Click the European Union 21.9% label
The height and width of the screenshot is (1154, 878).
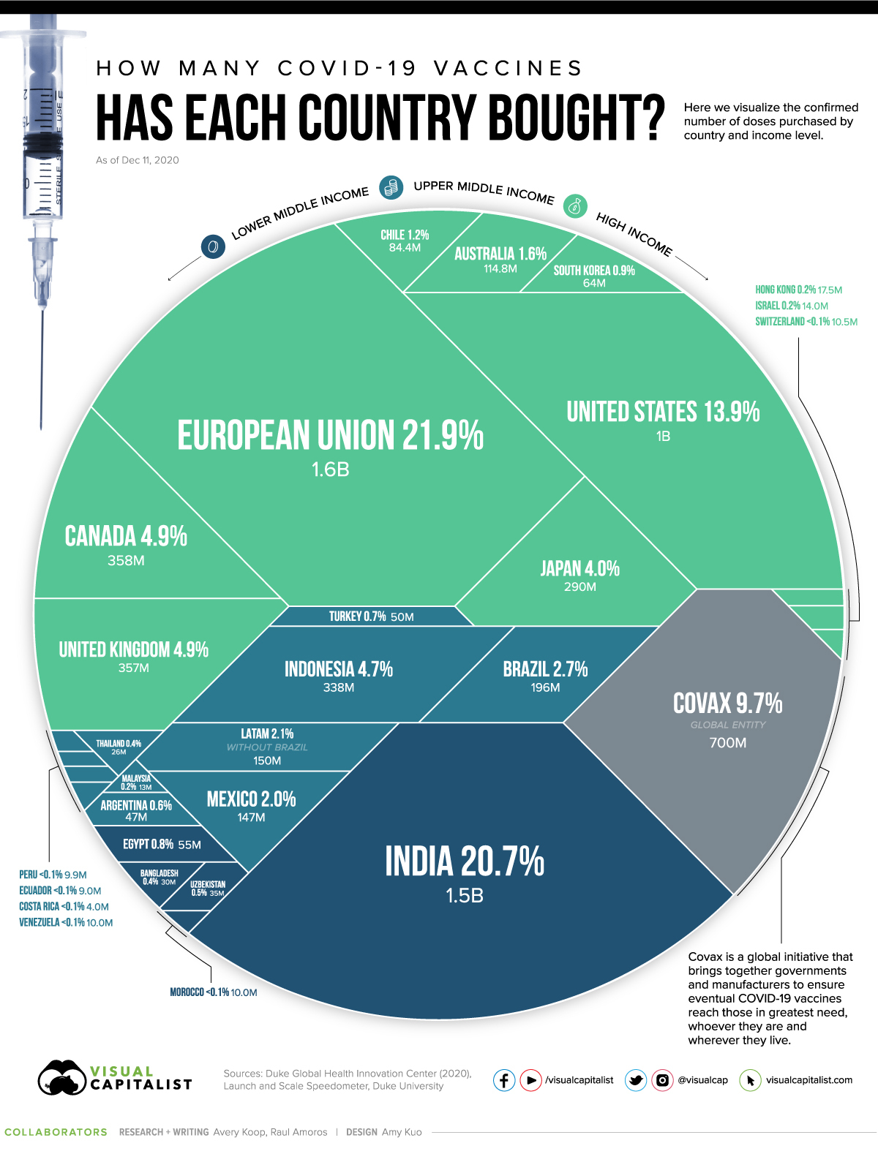click(x=330, y=436)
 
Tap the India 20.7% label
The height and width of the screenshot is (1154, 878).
click(x=465, y=861)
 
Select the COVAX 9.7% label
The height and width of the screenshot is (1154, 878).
click(x=727, y=704)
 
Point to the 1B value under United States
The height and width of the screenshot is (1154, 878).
click(x=663, y=437)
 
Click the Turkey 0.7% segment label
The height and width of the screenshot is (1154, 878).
click(x=357, y=616)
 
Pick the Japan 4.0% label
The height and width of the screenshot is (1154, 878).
click(x=579, y=569)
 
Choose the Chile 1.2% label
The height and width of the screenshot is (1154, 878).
click(x=405, y=235)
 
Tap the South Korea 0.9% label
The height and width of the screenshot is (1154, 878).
click(x=594, y=271)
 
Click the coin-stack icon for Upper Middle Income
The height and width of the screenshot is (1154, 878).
click(x=391, y=187)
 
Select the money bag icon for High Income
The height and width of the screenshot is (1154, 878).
click(x=576, y=206)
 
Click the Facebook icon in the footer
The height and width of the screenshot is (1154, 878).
click(x=504, y=1080)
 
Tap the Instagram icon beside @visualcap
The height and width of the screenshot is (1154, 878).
click(x=662, y=1080)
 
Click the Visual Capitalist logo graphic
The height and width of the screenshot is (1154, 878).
click(x=62, y=1078)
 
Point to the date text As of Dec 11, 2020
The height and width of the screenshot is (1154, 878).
click(x=138, y=160)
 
